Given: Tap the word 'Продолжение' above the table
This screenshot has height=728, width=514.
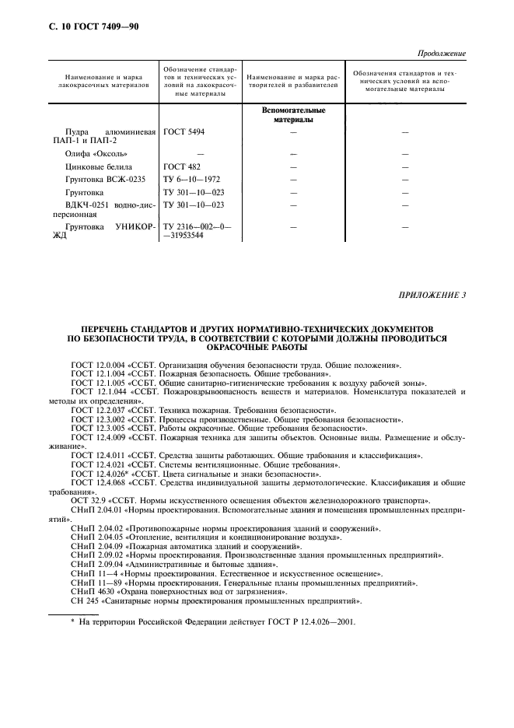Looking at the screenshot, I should point(440,54).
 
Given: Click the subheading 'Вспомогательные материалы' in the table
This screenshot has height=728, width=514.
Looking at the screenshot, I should point(293,115).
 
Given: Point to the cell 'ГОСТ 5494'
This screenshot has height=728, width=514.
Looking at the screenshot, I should point(184,132).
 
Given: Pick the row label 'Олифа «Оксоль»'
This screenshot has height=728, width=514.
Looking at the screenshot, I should point(96,154).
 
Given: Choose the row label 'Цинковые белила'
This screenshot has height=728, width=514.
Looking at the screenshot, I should point(99,166).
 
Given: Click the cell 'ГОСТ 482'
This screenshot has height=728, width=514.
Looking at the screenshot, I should point(181,166).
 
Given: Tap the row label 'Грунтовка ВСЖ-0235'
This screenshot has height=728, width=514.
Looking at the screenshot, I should point(107,179).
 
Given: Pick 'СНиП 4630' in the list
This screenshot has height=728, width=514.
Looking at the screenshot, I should point(90,592).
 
